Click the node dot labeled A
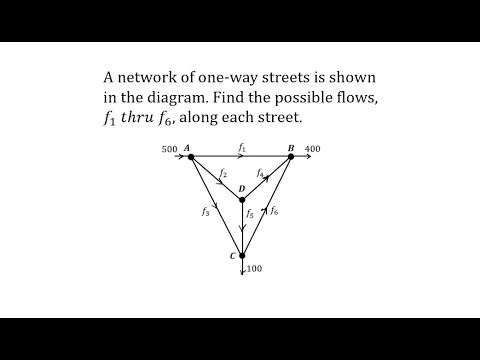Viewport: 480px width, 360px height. pyautogui.click(x=190, y=158)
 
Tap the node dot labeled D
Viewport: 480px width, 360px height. pyautogui.click(x=242, y=199)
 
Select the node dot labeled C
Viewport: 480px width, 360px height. pyautogui.click(x=242, y=256)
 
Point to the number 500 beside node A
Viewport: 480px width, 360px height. pyautogui.click(x=169, y=150)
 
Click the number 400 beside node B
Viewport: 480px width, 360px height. pyautogui.click(x=313, y=150)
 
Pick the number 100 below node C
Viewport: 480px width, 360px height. pyautogui.click(x=254, y=270)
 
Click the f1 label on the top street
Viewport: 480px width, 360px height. pyautogui.click(x=241, y=148)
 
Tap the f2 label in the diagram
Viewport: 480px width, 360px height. pyautogui.click(x=222, y=173)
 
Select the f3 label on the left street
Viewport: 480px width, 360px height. pyautogui.click(x=205, y=211)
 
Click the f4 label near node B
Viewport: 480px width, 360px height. pyautogui.click(x=260, y=173)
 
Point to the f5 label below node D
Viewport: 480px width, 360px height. pyautogui.click(x=250, y=213)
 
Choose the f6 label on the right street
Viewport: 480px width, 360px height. pyautogui.click(x=275, y=211)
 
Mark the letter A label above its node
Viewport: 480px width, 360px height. pyautogui.click(x=187, y=148)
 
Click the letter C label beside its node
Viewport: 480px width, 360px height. pyautogui.click(x=231, y=257)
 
